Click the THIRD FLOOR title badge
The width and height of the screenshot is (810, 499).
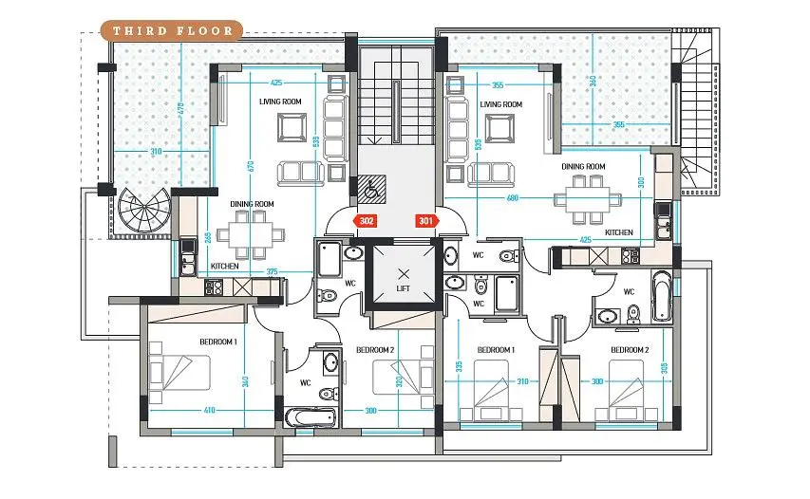[172, 30]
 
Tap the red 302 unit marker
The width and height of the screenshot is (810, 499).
[366, 221]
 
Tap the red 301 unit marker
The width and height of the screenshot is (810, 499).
[426, 221]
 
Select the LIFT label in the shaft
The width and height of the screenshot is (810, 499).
[403, 288]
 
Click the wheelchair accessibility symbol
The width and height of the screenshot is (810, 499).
[370, 187]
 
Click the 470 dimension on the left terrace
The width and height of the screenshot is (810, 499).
[179, 109]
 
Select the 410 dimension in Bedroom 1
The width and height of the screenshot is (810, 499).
[209, 411]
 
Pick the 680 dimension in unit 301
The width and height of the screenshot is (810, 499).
[512, 197]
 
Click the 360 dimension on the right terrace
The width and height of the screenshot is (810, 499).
[593, 81]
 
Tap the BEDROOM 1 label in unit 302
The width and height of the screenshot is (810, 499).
[218, 342]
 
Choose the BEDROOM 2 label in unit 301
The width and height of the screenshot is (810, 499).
[630, 350]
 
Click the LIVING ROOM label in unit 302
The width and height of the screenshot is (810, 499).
[280, 102]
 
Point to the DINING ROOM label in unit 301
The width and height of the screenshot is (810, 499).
[583, 167]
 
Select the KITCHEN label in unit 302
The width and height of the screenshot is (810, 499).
[225, 266]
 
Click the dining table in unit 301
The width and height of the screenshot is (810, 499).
[588, 199]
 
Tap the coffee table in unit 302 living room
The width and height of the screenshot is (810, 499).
[292, 127]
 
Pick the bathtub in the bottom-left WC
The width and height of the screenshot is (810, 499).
[310, 417]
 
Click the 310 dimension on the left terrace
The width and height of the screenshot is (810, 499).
[156, 152]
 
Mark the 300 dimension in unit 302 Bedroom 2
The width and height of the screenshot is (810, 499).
[370, 411]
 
